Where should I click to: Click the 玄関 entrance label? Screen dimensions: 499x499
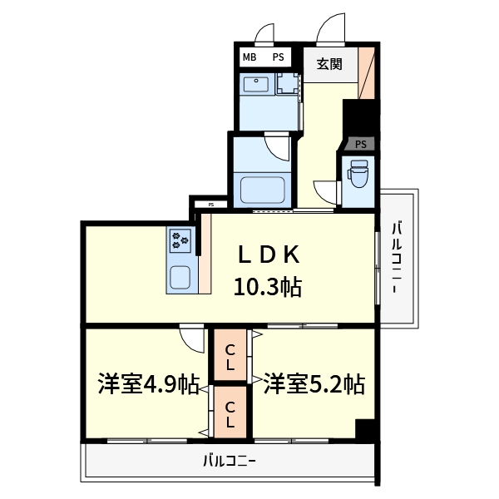pos(329,64)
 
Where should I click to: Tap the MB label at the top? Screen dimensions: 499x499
pos(249,57)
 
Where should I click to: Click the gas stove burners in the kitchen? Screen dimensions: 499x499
pos(180,242)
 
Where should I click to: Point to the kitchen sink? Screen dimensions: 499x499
pos(180,275)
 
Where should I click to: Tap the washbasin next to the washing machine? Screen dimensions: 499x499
pos(255,86)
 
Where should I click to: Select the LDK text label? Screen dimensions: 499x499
pos(264,254)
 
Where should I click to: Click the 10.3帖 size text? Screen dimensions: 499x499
pos(266,289)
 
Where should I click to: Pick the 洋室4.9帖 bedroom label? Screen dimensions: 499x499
pos(147,384)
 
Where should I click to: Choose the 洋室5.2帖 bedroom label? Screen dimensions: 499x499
pos(314,384)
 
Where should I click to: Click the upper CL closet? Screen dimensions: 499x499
pos(230,356)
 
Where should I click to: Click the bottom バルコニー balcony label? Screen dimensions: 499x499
pos(229,460)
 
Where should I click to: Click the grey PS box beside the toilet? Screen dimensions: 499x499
pos(360,144)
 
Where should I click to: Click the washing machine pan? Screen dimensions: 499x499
pos(288,86)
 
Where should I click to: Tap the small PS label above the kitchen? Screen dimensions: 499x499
pos(211,204)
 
